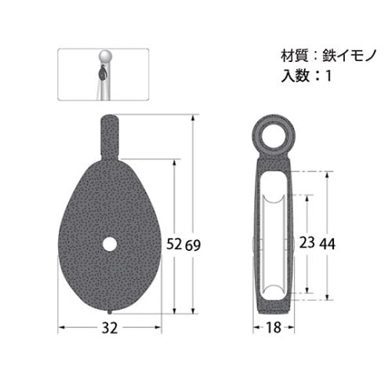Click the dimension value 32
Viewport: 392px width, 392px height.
pyautogui.click(x=110, y=328)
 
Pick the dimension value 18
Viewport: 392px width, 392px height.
pyautogui.click(x=274, y=328)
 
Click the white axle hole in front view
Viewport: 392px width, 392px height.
pyautogui.click(x=110, y=244)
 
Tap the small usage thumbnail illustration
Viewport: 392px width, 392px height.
pyautogui.click(x=103, y=74)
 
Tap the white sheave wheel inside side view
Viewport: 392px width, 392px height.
pyautogui.click(x=274, y=243)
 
